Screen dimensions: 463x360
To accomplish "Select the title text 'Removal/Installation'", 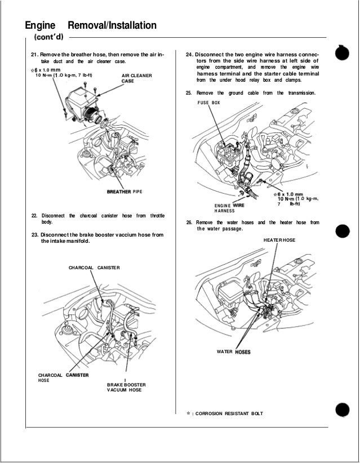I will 112,26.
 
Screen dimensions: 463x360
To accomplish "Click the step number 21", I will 34,55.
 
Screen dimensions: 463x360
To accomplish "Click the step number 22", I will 34,216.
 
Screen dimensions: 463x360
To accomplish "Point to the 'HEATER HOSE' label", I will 279,240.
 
